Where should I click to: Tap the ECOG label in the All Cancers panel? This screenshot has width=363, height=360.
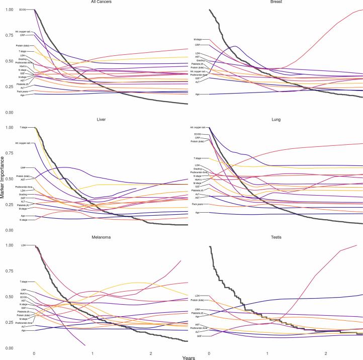[23, 10]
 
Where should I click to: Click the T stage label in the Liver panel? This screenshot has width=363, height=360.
[23, 127]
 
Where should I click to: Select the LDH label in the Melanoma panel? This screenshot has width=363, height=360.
[24, 245]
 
